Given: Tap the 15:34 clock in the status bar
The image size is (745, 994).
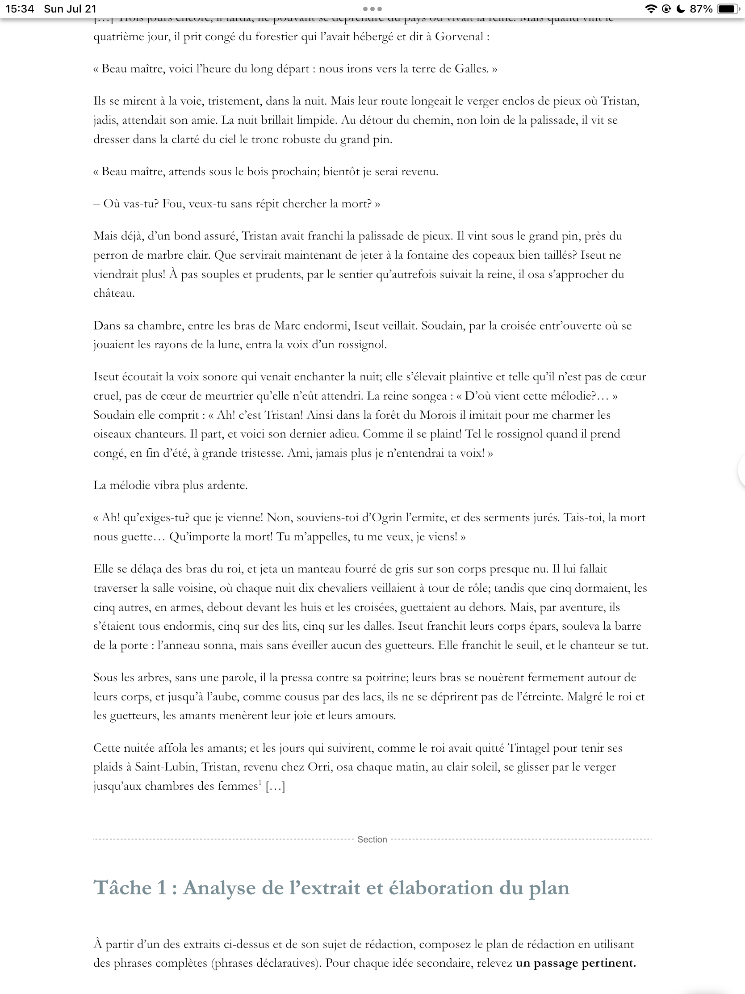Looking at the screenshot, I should (x=20, y=9).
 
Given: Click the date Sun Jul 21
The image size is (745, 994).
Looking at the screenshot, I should (x=70, y=9).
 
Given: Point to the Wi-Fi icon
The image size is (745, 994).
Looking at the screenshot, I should (x=650, y=9).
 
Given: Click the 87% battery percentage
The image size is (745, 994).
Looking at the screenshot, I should (x=701, y=9).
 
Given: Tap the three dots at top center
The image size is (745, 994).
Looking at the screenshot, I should (x=372, y=9).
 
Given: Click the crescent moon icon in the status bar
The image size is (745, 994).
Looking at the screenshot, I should (x=681, y=9).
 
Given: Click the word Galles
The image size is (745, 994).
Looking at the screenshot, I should (x=471, y=69).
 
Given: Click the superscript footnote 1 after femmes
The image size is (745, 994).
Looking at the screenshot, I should (x=259, y=783).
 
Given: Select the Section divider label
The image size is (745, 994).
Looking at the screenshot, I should (x=372, y=839).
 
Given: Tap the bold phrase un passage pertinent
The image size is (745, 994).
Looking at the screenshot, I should (x=576, y=964).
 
